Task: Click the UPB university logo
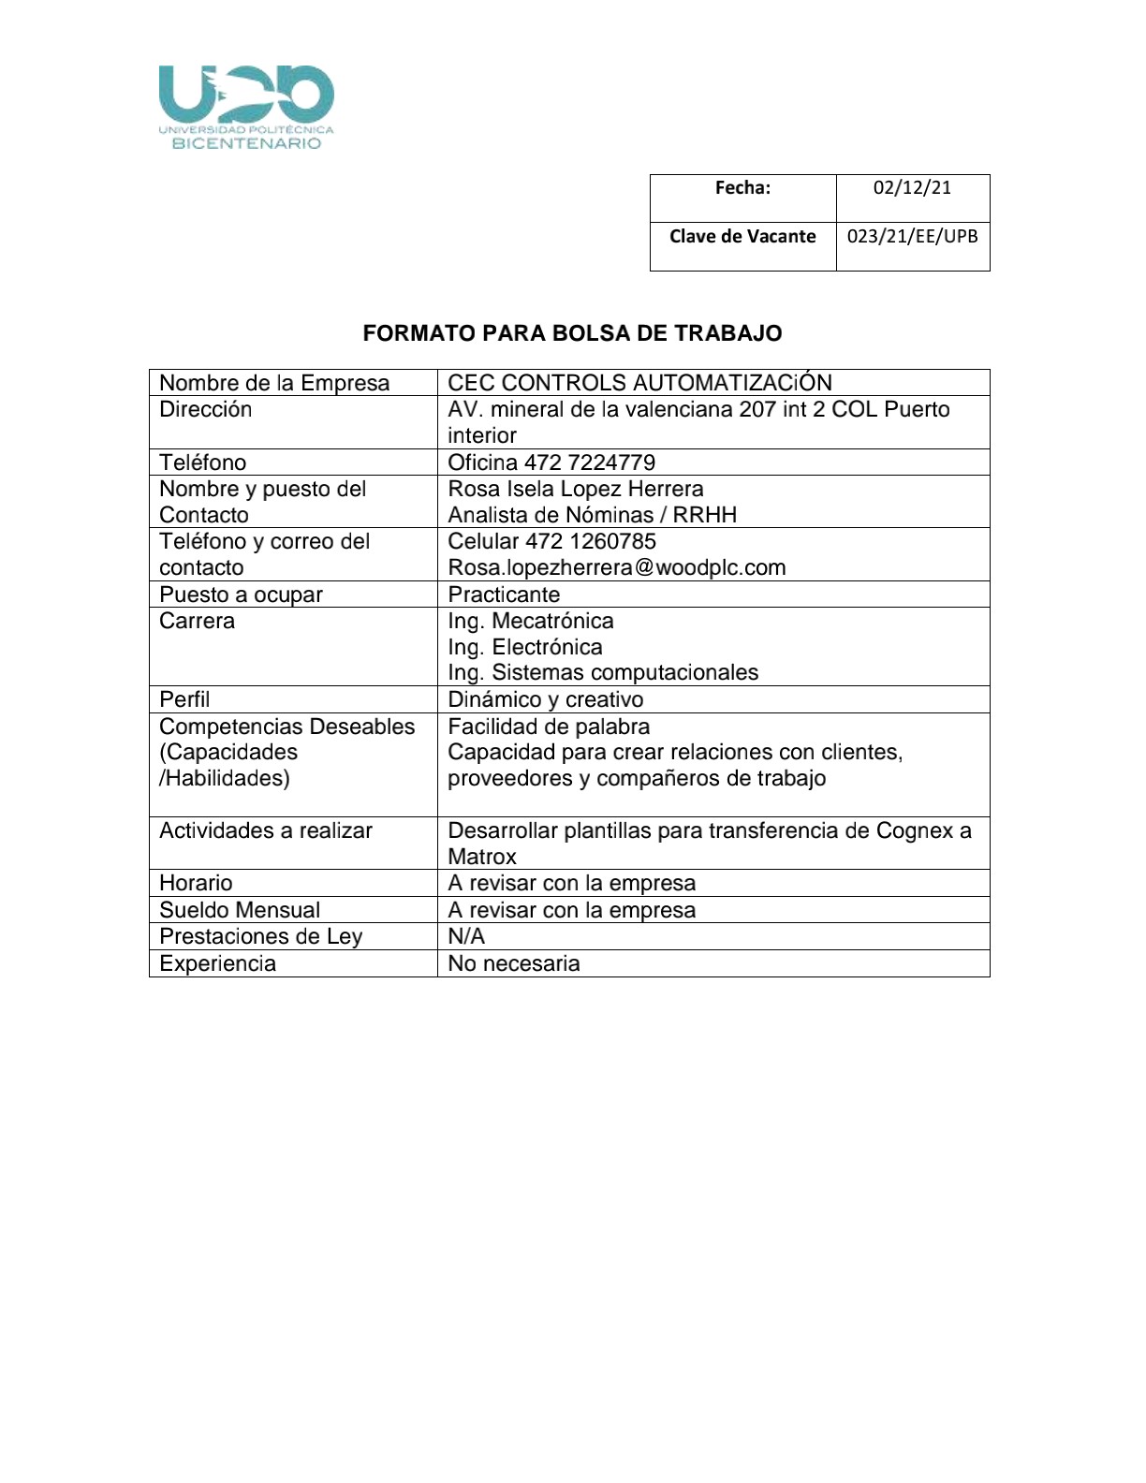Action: (x=246, y=107)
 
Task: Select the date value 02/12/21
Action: (x=912, y=187)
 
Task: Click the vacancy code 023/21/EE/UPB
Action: (x=912, y=236)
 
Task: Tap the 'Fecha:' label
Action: (x=742, y=187)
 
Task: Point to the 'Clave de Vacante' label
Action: (x=742, y=236)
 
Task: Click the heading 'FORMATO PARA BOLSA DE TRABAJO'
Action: (x=572, y=333)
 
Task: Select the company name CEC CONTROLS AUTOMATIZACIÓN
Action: (x=639, y=383)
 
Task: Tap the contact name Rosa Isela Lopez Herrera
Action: (x=576, y=489)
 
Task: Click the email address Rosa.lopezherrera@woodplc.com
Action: (x=617, y=567)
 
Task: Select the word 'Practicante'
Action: (x=504, y=595)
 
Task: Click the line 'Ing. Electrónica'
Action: (x=525, y=647)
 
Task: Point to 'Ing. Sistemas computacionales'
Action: (x=603, y=672)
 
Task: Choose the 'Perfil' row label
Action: (x=184, y=699)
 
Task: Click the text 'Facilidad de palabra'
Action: (x=549, y=727)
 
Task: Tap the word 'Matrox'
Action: (x=482, y=857)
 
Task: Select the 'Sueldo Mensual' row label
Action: (x=240, y=910)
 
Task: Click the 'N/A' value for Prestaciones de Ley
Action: (x=466, y=936)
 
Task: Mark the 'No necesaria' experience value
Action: (x=514, y=963)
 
